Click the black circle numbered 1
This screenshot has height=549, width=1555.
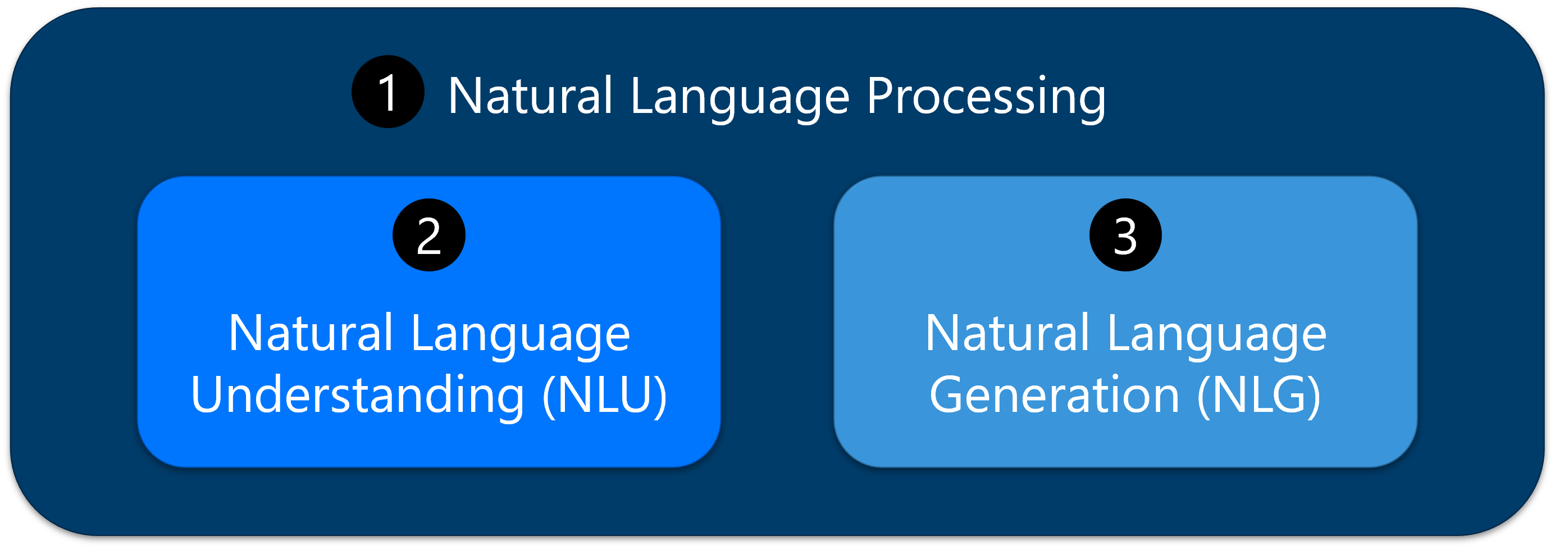tap(387, 92)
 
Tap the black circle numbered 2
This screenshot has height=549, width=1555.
tap(428, 235)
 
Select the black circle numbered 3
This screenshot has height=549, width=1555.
tap(1125, 235)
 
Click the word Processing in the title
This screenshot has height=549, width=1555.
tap(986, 97)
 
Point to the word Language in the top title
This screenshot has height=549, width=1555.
tap(740, 97)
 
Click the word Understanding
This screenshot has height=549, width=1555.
tap(357, 396)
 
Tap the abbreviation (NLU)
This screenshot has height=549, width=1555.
tap(605, 396)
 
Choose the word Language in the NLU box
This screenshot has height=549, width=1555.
tap(521, 334)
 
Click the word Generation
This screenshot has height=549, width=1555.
tap(1054, 396)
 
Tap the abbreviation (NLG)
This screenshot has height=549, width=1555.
tap(1258, 396)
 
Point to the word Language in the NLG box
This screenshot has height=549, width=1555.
tap(1217, 334)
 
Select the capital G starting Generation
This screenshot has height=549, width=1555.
tap(947, 394)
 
